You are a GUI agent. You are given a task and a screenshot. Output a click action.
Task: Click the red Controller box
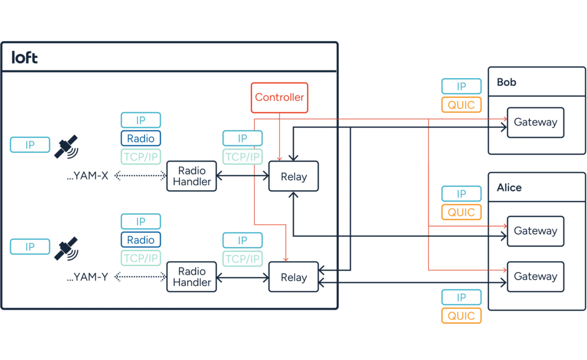click(280, 97)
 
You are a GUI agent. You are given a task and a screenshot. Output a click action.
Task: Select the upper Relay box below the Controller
click(293, 177)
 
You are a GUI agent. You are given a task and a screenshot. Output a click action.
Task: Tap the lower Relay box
click(294, 278)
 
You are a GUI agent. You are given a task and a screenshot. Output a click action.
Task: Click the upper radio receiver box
click(191, 176)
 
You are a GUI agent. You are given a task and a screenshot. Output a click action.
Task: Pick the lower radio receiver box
click(191, 278)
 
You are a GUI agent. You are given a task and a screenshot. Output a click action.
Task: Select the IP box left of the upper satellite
click(31, 146)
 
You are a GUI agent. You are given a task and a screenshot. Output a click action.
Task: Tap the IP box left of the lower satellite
click(31, 246)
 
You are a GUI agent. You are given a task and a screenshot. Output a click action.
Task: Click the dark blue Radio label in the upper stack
click(141, 138)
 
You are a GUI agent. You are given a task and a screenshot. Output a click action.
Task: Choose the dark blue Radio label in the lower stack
click(141, 240)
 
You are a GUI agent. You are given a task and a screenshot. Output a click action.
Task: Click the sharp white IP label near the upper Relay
click(243, 138)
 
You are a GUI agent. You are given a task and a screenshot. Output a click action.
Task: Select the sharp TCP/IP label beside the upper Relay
click(243, 156)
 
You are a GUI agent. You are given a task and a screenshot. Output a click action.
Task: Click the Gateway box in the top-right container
click(536, 122)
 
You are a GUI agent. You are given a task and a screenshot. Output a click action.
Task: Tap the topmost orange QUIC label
click(462, 105)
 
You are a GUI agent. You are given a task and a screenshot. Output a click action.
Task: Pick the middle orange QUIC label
click(462, 212)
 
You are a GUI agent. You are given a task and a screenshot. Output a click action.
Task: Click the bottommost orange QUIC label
click(462, 315)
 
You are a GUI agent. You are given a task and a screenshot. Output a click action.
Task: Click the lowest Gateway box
click(536, 277)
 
